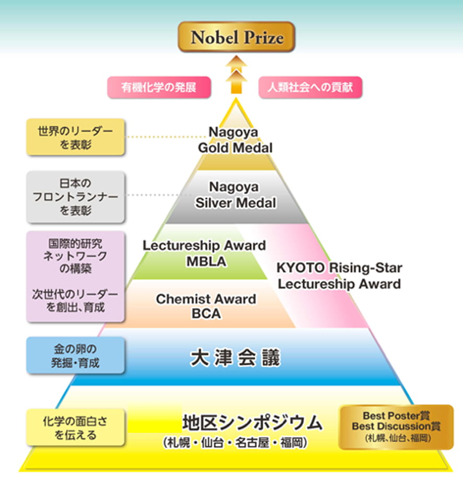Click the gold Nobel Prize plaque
237,38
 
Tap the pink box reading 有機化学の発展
158,87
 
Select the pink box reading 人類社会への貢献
310,87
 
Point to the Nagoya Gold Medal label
235,140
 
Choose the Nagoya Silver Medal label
235,194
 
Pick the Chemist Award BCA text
206,306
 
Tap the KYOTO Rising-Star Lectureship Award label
339,276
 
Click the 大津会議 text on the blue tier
235,358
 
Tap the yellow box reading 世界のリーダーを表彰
76,136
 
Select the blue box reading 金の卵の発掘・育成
76,355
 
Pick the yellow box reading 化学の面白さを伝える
76,427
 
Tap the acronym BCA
206,314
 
